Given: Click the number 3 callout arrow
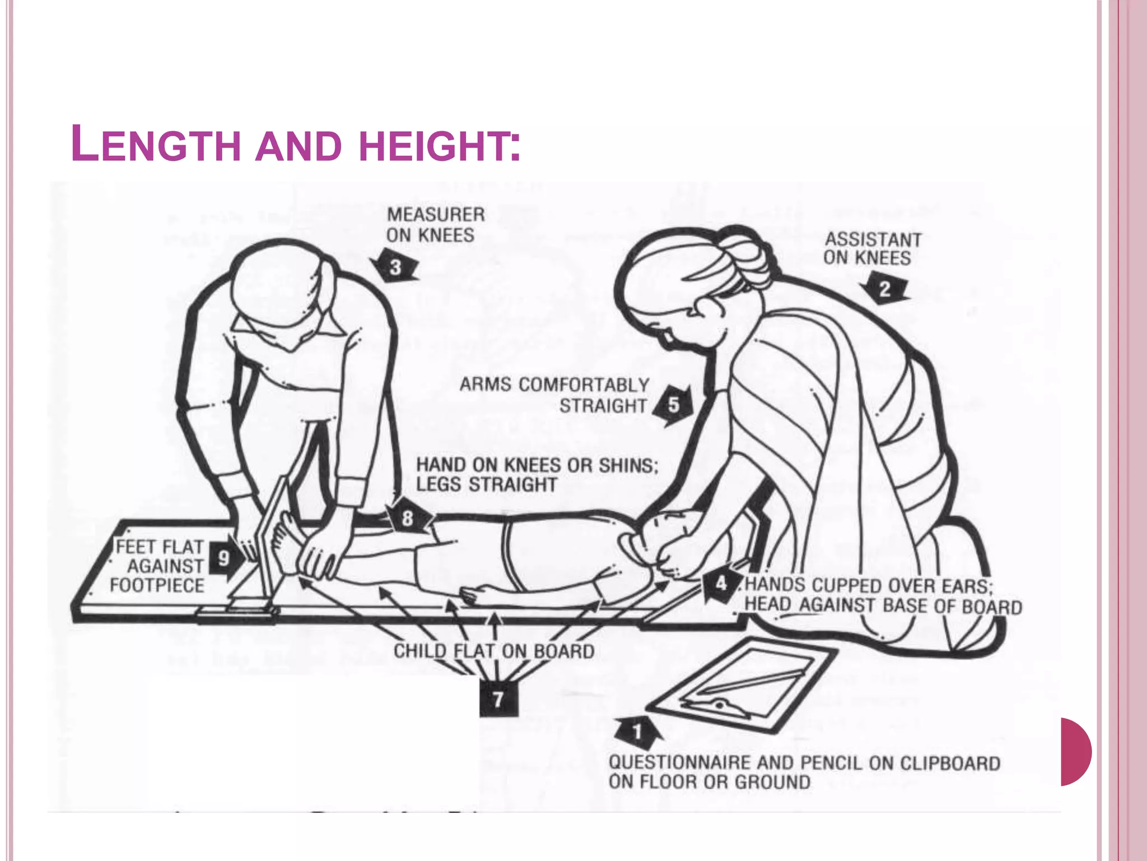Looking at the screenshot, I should coord(395,267).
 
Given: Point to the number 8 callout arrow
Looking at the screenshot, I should coord(408,517).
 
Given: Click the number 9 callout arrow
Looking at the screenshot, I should coord(225,558).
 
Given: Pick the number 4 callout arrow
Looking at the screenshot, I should coord(721,584).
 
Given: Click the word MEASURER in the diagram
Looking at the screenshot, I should coord(436,215).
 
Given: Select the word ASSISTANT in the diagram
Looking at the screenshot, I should coord(873,240).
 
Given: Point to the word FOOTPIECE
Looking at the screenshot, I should coord(157,586).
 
